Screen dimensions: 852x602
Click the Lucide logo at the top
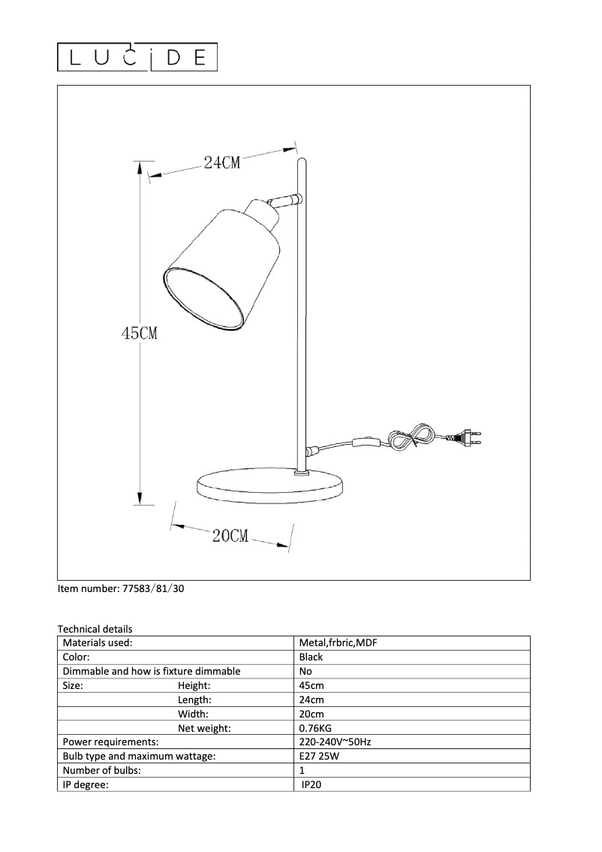tap(138, 57)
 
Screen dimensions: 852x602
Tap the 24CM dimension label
tap(222, 162)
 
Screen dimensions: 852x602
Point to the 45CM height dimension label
tap(140, 333)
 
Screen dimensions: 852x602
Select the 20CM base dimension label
tap(230, 536)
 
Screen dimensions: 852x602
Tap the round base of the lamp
tap(268, 488)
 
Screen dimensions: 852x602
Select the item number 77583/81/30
tap(121, 589)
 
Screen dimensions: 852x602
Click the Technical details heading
tap(95, 629)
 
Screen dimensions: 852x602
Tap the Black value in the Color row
tap(311, 657)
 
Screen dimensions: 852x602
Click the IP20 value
tap(312, 785)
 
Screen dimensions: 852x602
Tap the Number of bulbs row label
tap(102, 771)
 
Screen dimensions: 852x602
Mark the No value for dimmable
tap(306, 672)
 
